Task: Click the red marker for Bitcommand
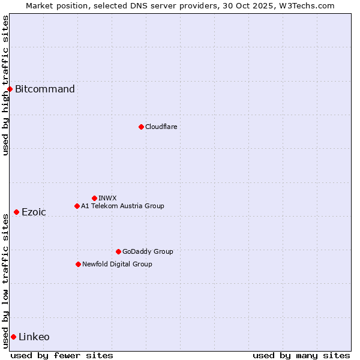10,89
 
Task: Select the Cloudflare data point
141,127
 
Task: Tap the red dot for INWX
94,198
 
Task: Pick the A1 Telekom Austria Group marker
77,206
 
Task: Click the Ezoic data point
16,212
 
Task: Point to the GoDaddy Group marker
118,251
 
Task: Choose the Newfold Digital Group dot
78,264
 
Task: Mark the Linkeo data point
13,337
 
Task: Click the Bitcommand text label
45,89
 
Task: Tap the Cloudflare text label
161,127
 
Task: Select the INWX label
107,198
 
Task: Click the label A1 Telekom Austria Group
122,206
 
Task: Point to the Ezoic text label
34,212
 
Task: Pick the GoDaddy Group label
148,251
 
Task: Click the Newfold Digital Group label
117,264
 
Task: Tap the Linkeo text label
34,337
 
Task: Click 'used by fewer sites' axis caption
62,355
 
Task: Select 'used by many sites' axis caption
301,355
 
